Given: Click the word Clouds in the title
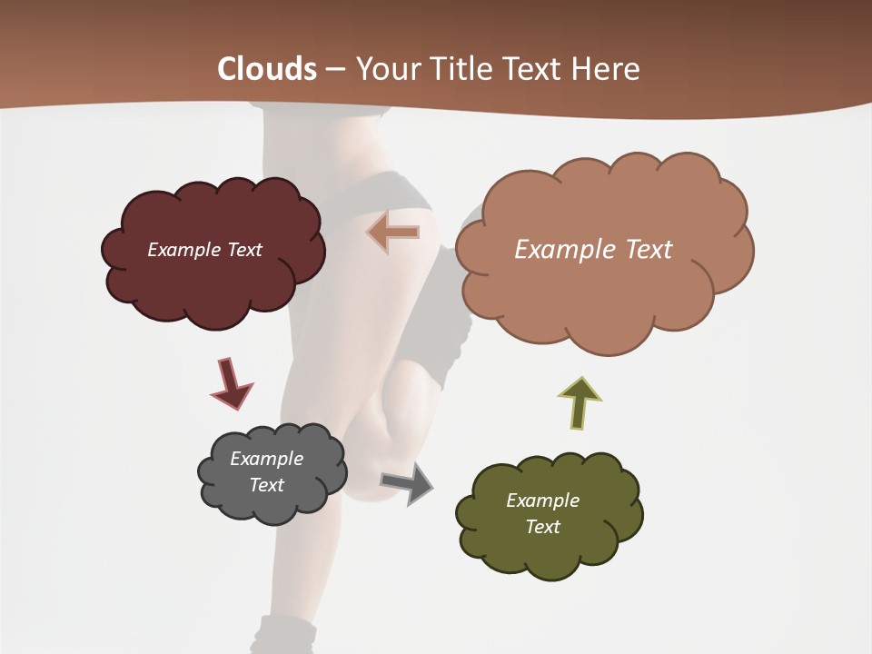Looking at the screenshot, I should point(267,69).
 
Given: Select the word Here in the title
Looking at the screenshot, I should point(608,69).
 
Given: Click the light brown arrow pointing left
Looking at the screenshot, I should point(394,232).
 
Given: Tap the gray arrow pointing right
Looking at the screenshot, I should point(408,482).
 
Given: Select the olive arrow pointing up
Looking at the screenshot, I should point(579,402).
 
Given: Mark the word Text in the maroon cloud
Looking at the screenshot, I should point(244,250).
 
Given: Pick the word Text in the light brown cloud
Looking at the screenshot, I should point(649,250).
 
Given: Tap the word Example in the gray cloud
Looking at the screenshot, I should point(266,459).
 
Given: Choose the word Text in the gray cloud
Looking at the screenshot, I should point(267,485).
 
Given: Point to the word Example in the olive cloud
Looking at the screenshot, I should point(542,500).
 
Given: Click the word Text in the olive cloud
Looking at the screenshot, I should point(542,527).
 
